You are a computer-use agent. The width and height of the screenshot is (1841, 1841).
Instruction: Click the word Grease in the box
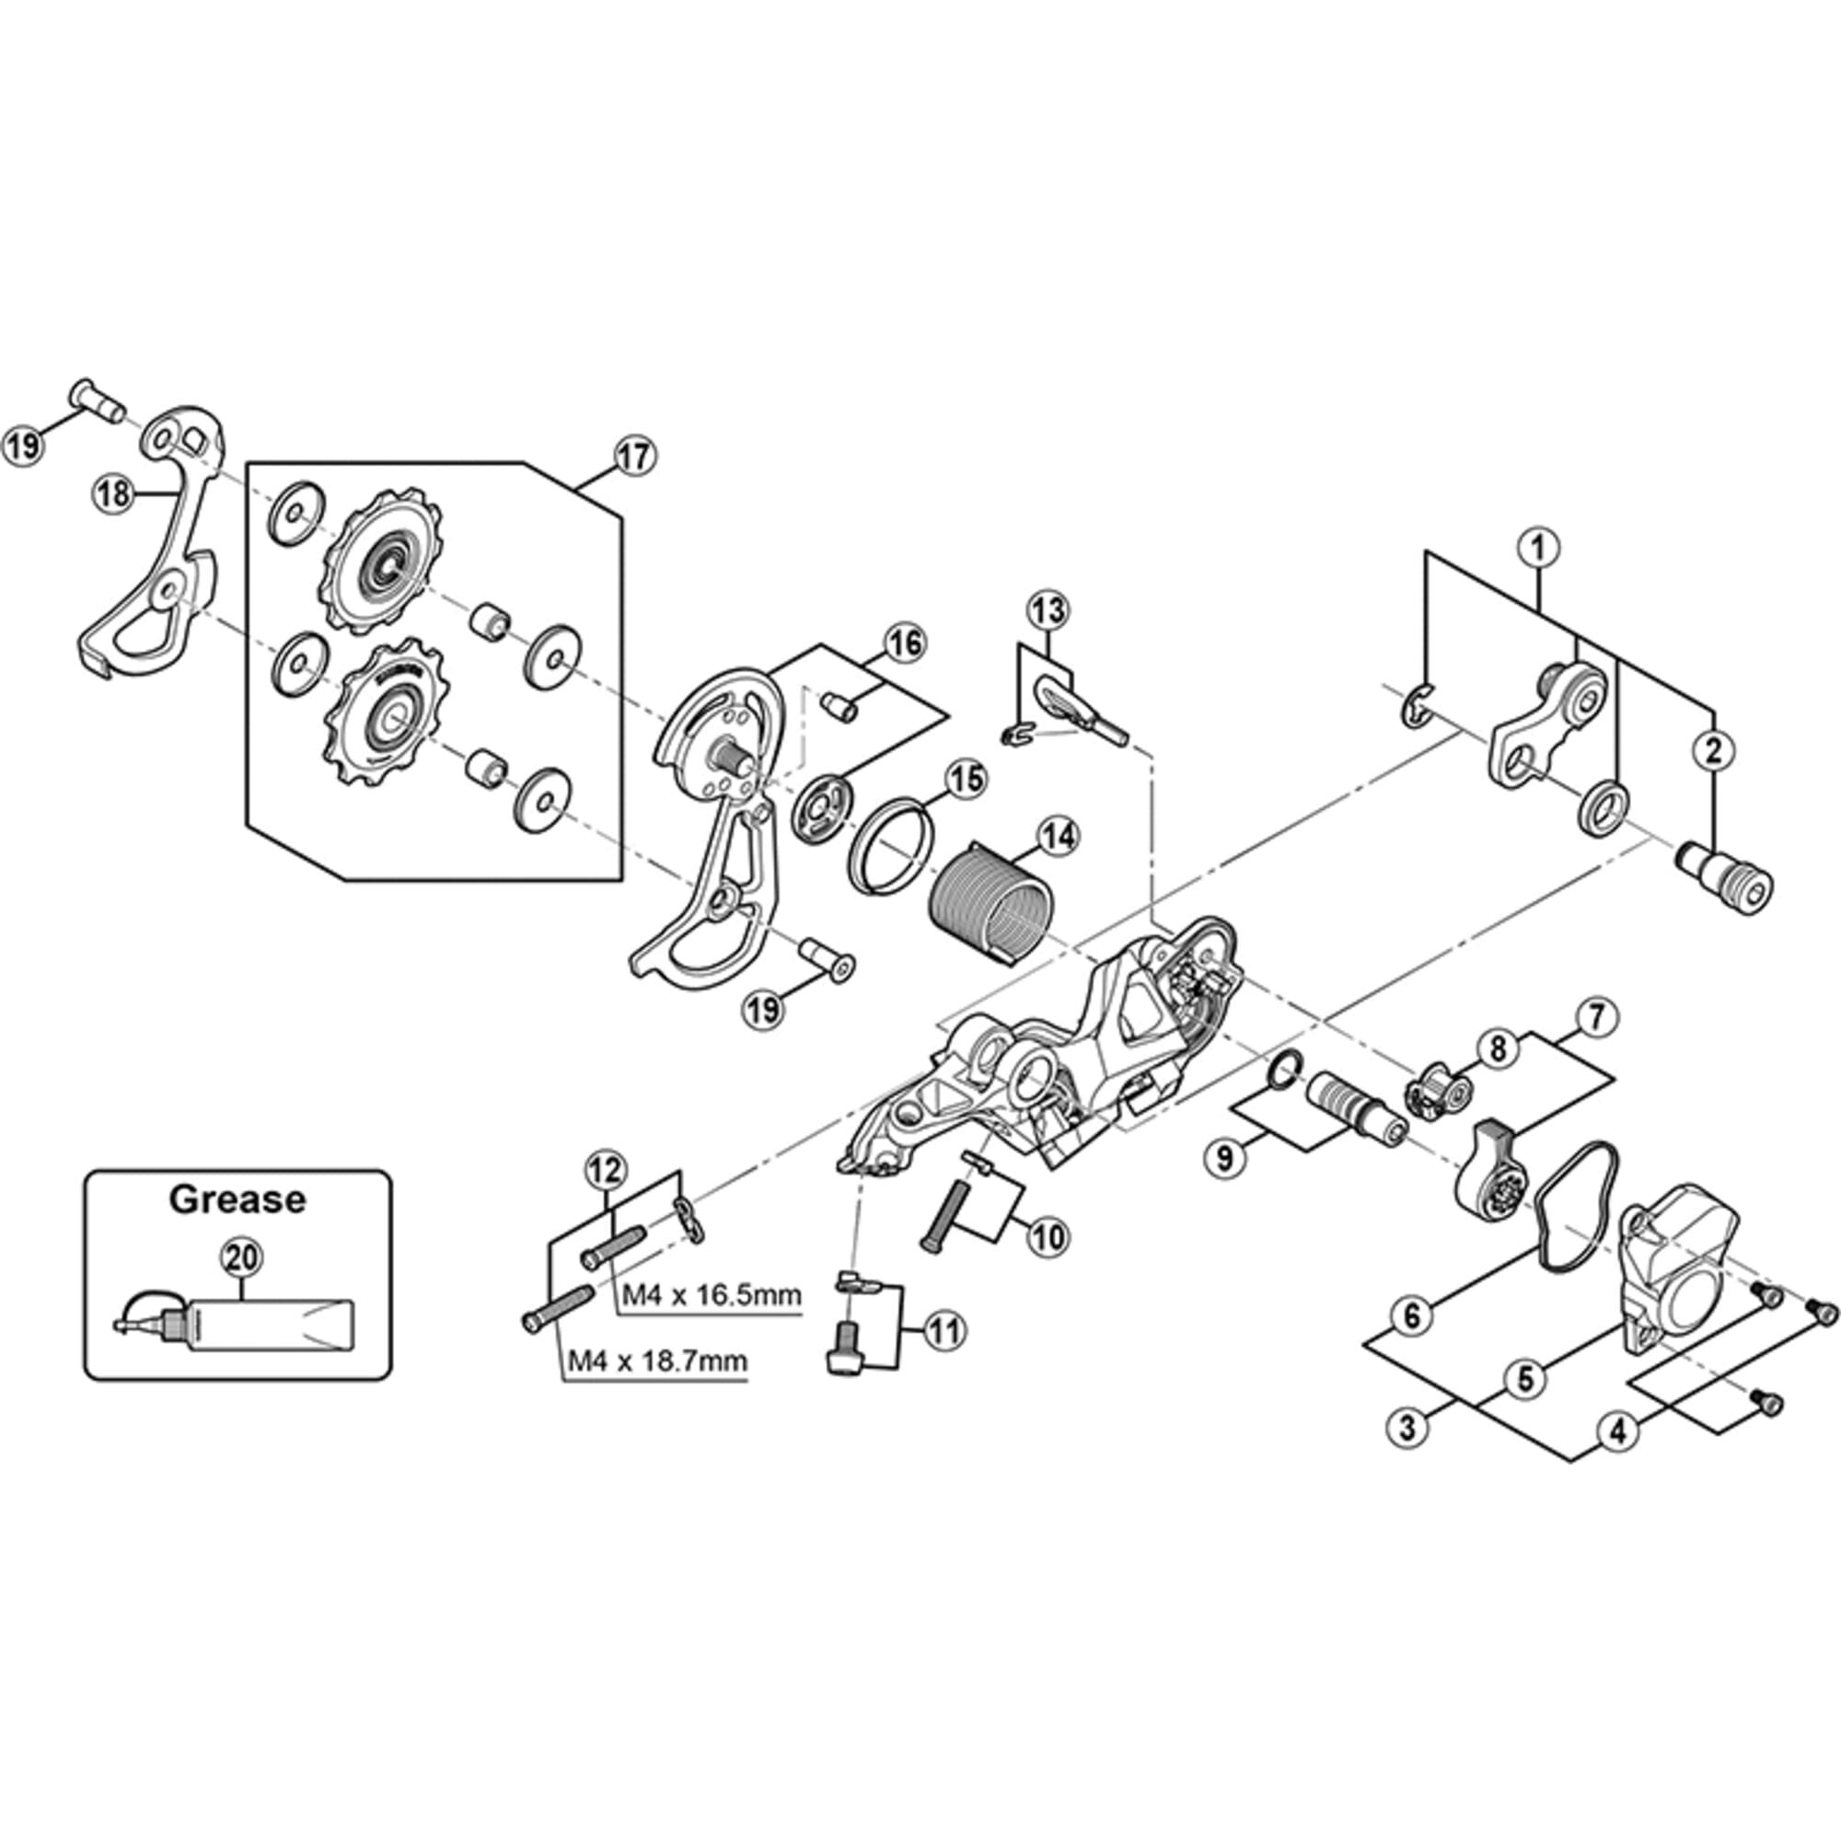[x=237, y=1198]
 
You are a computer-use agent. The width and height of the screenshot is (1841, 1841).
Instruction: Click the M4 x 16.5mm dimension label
[x=711, y=1295]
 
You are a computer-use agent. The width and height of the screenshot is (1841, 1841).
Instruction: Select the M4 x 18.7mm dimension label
[x=657, y=1360]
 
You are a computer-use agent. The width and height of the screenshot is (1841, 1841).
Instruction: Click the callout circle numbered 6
[x=1411, y=1316]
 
